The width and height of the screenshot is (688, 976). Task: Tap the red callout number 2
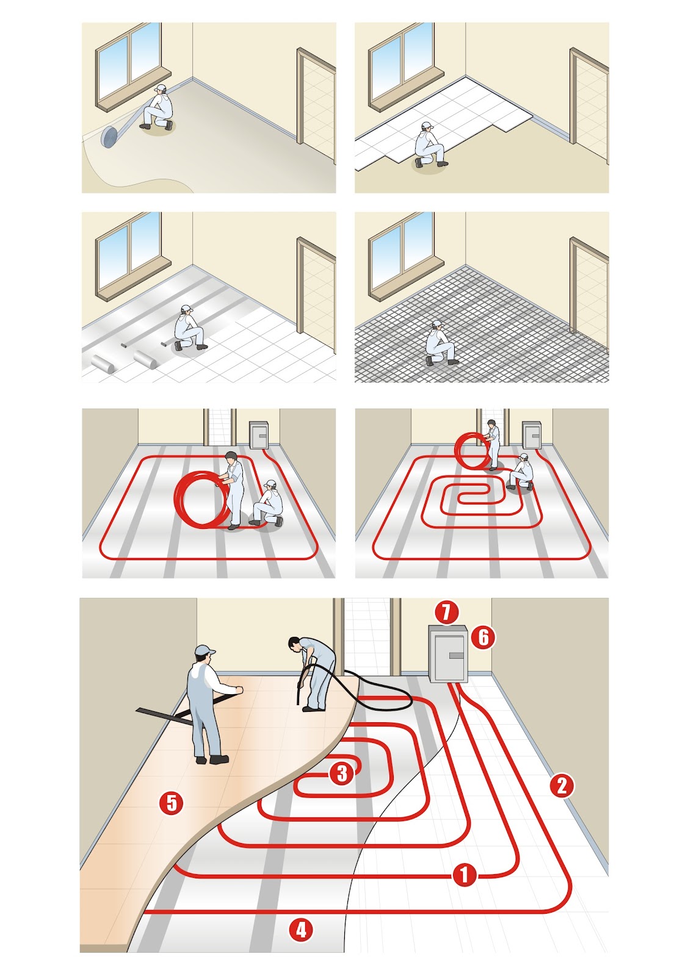[562, 786]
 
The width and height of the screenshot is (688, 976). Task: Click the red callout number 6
[483, 637]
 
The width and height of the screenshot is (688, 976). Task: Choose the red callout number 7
[446, 612]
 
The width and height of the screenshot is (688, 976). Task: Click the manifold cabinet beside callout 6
[448, 653]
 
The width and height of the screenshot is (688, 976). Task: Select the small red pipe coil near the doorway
[472, 451]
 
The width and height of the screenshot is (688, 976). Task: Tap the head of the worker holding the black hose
[294, 644]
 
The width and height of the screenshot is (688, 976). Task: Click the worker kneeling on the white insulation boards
[430, 145]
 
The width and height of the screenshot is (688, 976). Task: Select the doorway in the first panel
[316, 105]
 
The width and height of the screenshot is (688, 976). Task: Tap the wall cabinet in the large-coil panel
[258, 434]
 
